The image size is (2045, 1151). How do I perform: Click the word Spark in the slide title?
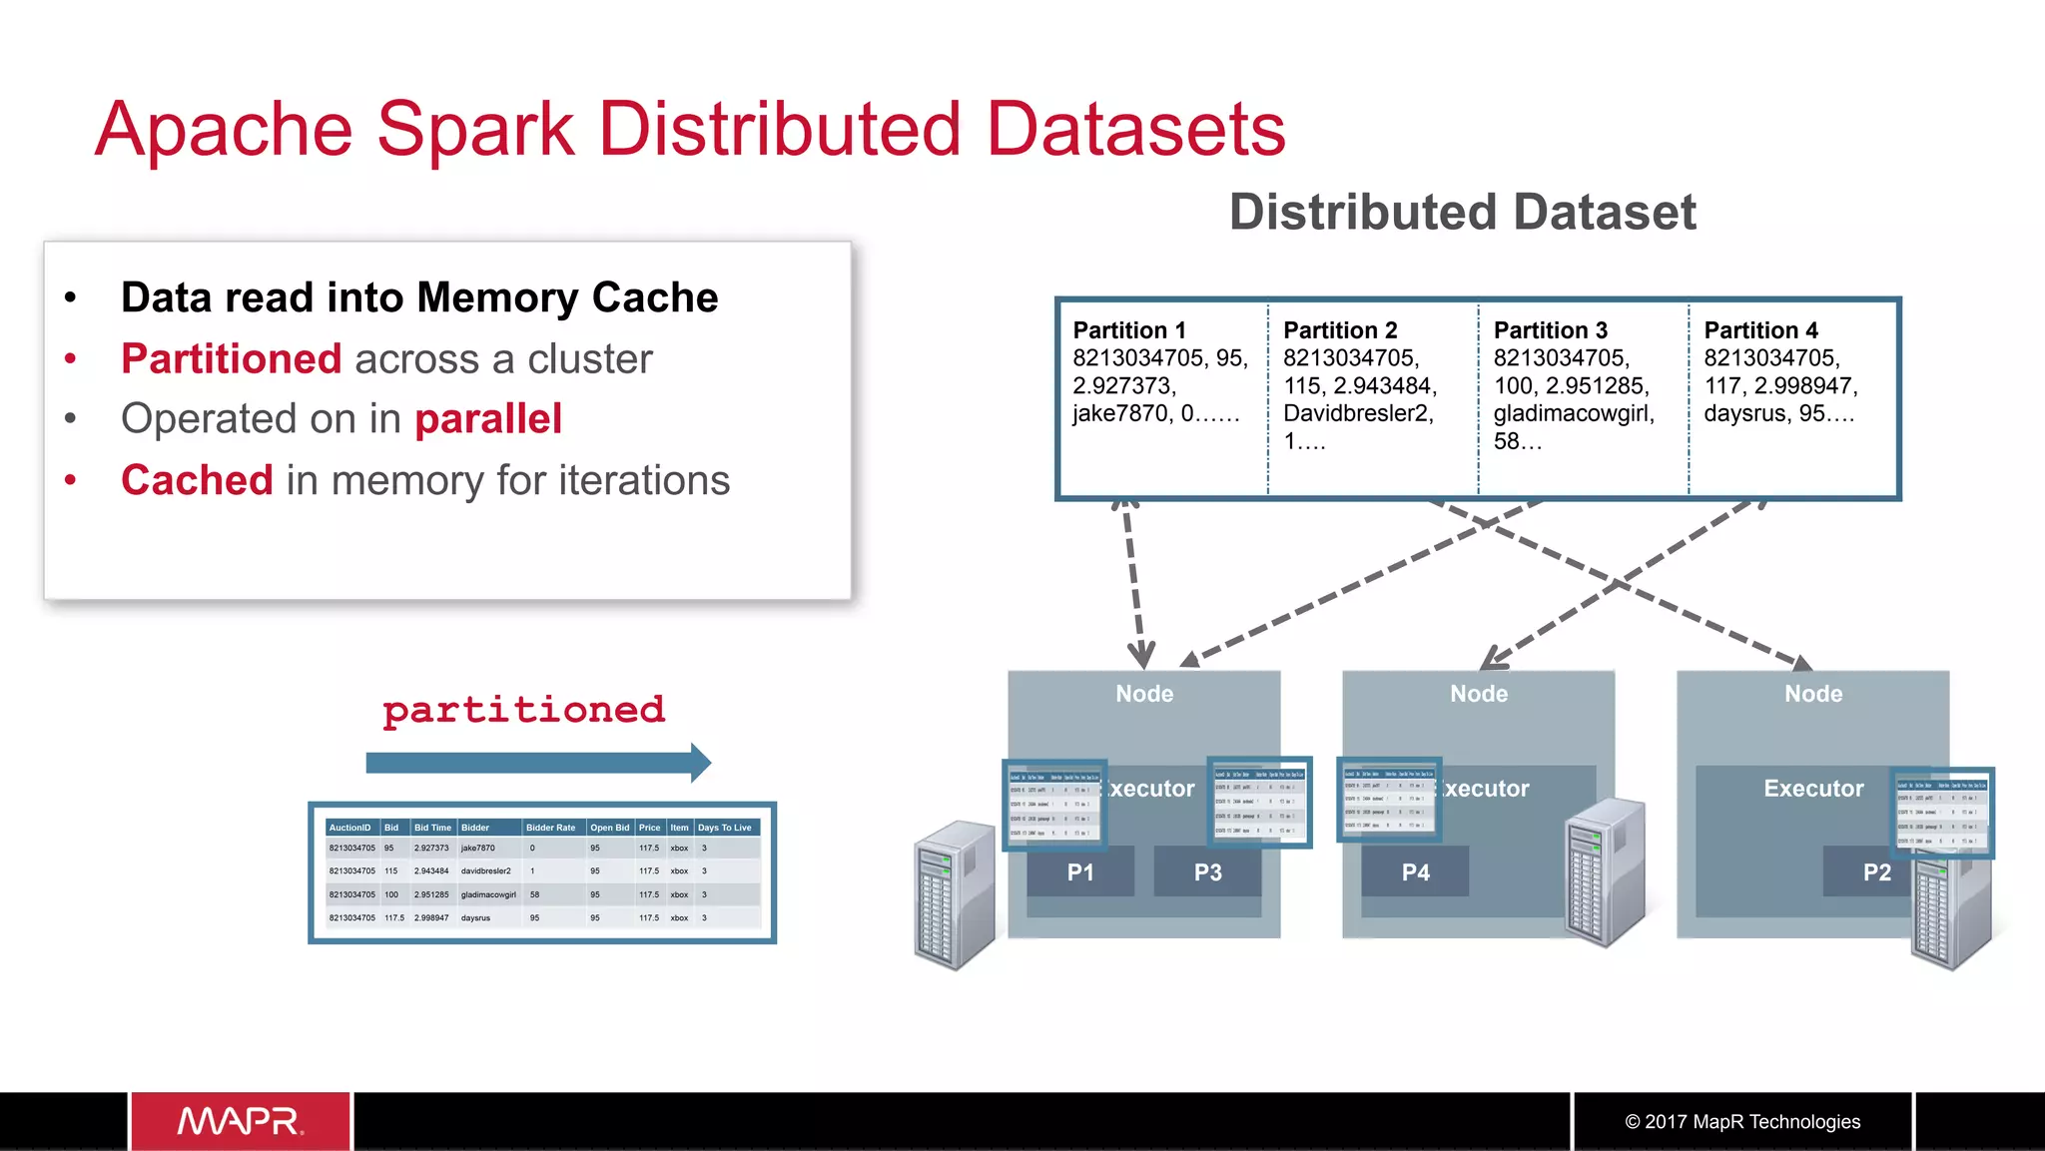[x=475, y=130]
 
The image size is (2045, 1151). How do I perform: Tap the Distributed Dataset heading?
[x=1462, y=212]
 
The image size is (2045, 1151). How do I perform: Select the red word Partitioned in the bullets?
[x=231, y=358]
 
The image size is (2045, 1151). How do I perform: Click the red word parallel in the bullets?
[x=488, y=419]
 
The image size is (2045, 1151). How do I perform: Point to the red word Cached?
[x=197, y=480]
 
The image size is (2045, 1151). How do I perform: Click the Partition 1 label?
[x=1128, y=330]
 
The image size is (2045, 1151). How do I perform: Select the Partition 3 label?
[x=1550, y=330]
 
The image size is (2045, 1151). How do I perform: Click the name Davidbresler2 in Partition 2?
[x=1357, y=413]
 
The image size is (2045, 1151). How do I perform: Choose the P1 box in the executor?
[x=1080, y=872]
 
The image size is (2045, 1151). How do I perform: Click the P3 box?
[x=1207, y=872]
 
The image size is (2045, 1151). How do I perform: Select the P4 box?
[x=1415, y=872]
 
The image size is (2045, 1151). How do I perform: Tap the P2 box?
[x=1875, y=872]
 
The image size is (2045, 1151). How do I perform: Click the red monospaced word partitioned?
[x=523, y=710]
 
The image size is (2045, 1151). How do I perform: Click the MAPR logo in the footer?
[x=241, y=1121]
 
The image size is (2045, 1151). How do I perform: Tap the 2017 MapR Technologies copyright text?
[x=1742, y=1122]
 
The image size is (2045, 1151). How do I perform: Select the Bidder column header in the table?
[x=475, y=828]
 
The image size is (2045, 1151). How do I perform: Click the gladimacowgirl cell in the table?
[x=488, y=894]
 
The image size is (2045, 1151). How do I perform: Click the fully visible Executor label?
[x=1812, y=789]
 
